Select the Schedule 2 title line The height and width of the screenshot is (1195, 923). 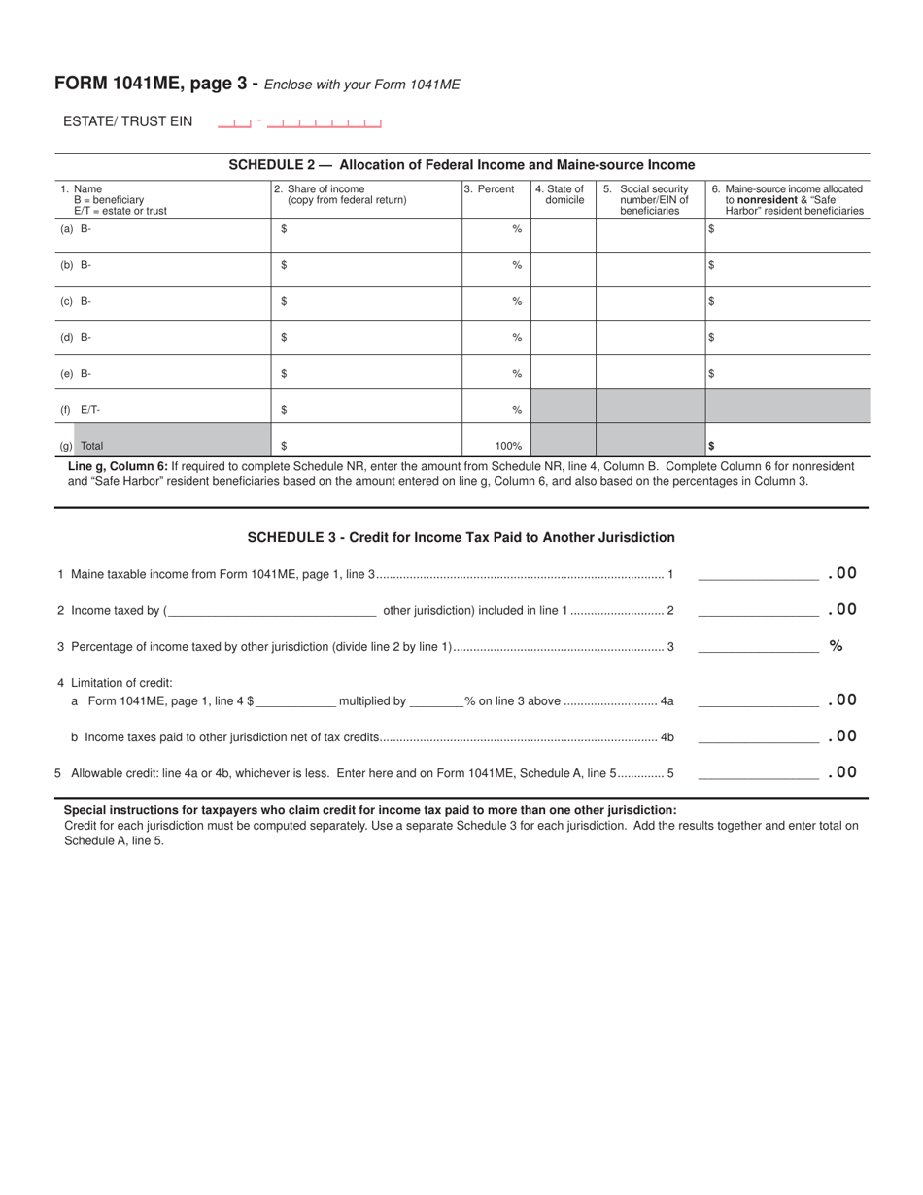[461, 165]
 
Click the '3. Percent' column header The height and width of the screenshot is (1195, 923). [489, 189]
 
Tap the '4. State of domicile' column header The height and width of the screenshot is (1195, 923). [563, 195]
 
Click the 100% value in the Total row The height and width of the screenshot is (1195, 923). [507, 446]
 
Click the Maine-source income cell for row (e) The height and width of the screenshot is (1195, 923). [787, 374]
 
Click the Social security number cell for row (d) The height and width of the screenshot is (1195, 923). [650, 338]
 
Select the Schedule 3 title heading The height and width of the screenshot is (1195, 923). [461, 537]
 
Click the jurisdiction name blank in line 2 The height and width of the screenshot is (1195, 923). [272, 610]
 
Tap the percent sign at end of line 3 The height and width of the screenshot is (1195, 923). [836, 646]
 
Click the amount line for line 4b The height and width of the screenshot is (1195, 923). [758, 736]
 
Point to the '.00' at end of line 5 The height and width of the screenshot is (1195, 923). [842, 772]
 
